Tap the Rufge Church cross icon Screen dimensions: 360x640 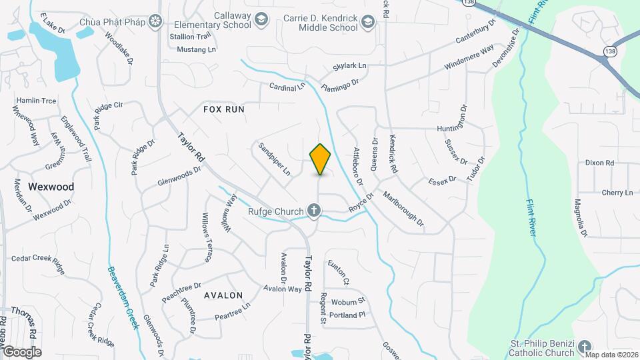314,212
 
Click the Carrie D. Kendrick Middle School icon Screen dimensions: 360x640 367,24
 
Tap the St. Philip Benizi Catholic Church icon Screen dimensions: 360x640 585,347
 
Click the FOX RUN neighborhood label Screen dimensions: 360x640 224,109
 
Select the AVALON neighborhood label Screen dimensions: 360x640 223,295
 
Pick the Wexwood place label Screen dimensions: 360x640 51,187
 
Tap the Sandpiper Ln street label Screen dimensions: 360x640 275,159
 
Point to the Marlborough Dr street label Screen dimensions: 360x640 403,209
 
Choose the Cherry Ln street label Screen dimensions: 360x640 617,193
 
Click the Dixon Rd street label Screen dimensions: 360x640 599,163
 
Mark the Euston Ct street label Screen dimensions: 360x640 338,273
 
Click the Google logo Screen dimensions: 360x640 22,351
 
